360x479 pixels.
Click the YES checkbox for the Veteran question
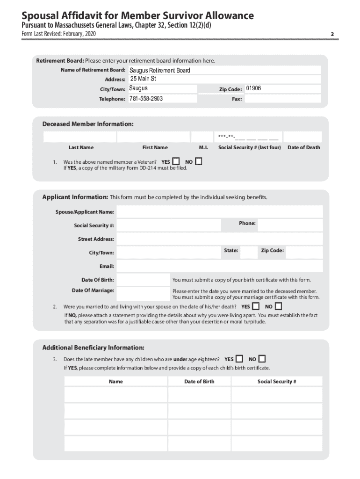pyautogui.click(x=176, y=161)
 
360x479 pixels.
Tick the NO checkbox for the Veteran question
pyautogui.click(x=199, y=161)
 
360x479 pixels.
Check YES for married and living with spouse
pyautogui.click(x=256, y=306)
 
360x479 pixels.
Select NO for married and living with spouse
pyautogui.click(x=279, y=306)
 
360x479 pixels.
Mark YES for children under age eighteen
pyautogui.click(x=239, y=359)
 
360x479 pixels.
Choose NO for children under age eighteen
pyautogui.click(x=262, y=359)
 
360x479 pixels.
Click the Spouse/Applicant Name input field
pyautogui.click(x=219, y=212)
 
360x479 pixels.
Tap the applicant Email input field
pyautogui.click(x=219, y=266)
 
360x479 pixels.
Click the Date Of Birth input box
pyautogui.click(x=143, y=280)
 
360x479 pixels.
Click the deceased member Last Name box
pyautogui.click(x=79, y=137)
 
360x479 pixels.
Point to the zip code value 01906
pyautogui.click(x=253, y=88)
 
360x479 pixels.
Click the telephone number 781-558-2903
pyautogui.click(x=146, y=99)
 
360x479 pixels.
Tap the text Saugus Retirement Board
pyautogui.click(x=160, y=70)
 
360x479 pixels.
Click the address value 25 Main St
pyautogui.click(x=143, y=79)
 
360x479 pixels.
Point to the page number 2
pyautogui.click(x=331, y=34)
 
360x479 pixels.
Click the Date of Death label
pyautogui.click(x=304, y=147)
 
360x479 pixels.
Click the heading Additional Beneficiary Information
pyautogui.click(x=93, y=348)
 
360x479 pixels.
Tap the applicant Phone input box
pyautogui.click(x=290, y=225)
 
